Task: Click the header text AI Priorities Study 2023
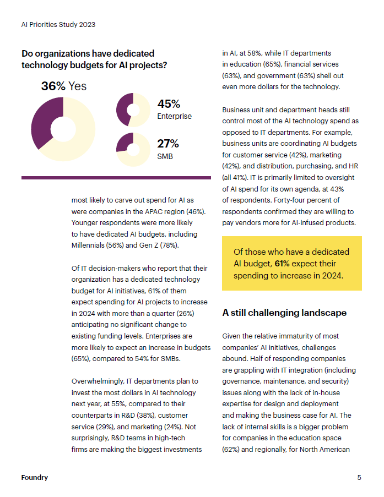[x=58, y=25]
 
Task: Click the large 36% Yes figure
[x=63, y=86]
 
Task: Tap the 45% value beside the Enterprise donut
[x=169, y=104]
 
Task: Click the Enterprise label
[x=174, y=116]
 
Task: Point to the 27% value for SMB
[x=168, y=144]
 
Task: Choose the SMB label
[x=165, y=156]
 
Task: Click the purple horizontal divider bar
[x=116, y=178]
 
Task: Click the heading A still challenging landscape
[x=284, y=313]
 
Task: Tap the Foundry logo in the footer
[x=34, y=477]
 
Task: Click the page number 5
[x=359, y=477]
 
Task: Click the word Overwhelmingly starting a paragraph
[x=98, y=381]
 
